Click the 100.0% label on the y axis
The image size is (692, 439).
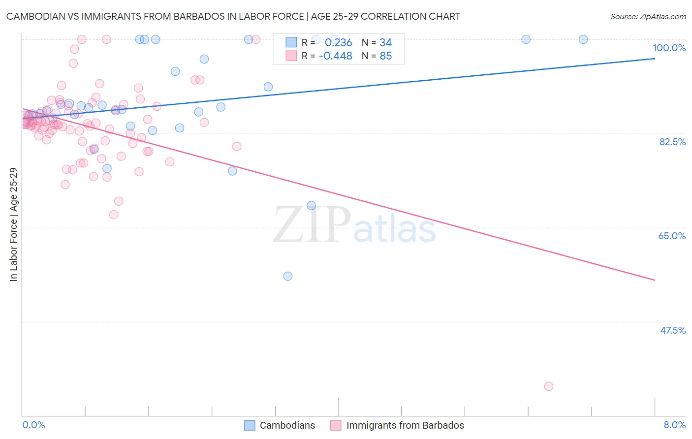click(669, 48)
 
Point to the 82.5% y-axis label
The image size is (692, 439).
click(672, 142)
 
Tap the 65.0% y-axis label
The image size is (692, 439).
click(672, 236)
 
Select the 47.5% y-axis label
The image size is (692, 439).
click(672, 330)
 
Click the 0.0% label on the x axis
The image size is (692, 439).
click(33, 425)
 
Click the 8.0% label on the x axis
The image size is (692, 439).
click(674, 425)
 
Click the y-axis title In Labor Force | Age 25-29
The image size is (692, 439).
click(13, 224)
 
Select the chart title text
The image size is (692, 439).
click(233, 16)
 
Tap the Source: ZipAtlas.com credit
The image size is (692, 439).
click(648, 17)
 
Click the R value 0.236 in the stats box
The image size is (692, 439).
click(338, 43)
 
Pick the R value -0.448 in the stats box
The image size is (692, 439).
click(335, 56)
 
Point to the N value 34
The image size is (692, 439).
click(385, 43)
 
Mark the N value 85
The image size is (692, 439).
click(385, 56)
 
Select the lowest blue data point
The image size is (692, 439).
click(288, 276)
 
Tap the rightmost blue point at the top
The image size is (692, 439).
click(583, 39)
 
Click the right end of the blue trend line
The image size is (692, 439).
click(655, 59)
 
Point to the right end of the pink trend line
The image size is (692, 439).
click(655, 280)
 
